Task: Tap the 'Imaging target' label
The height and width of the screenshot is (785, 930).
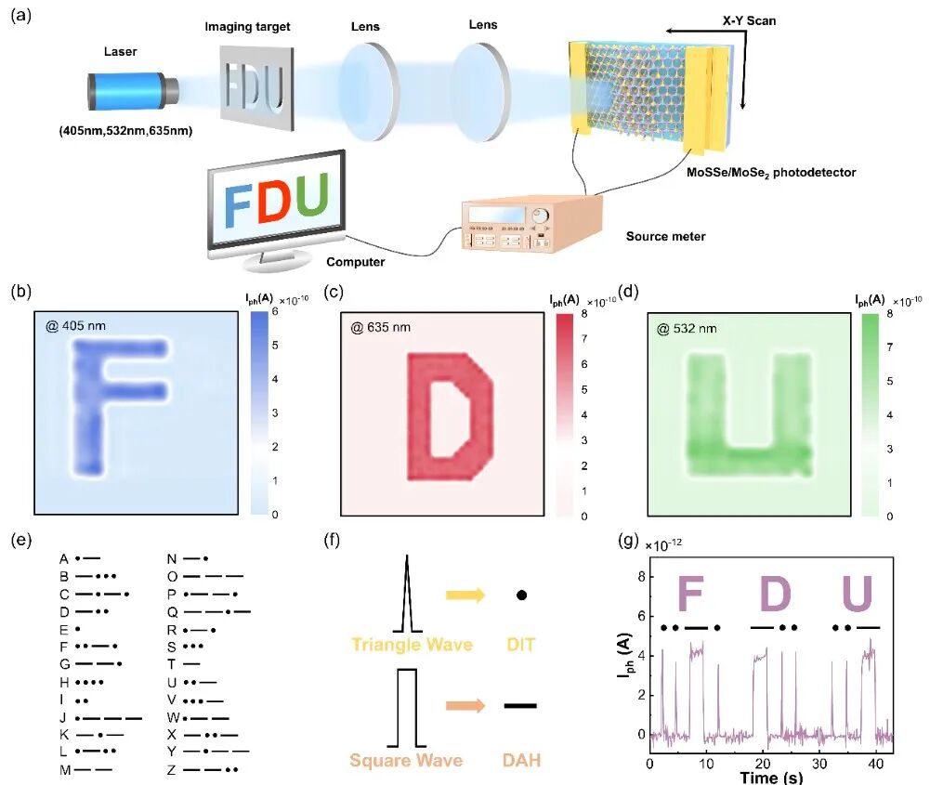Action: (247, 27)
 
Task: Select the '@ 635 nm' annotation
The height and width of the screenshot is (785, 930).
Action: (383, 327)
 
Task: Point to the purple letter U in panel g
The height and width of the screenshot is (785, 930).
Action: (856, 594)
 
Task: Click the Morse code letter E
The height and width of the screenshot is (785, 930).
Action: (64, 629)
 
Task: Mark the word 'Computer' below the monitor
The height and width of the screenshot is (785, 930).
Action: (356, 262)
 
